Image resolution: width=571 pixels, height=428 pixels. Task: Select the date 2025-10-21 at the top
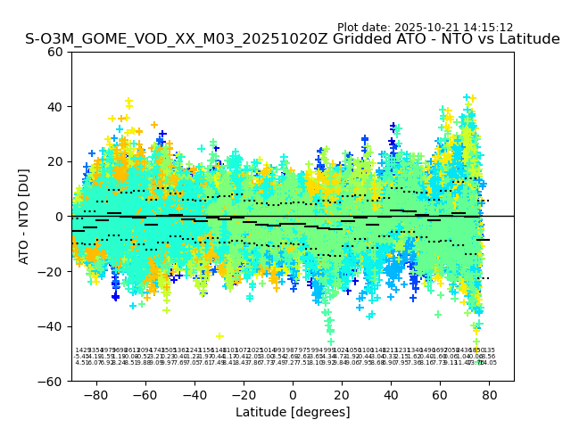click(419, 28)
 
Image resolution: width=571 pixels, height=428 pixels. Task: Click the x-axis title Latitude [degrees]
click(293, 412)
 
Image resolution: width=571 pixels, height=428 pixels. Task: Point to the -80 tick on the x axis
click(96, 394)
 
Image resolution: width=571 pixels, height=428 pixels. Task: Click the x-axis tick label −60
click(145, 394)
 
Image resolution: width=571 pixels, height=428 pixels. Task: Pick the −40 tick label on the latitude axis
click(194, 394)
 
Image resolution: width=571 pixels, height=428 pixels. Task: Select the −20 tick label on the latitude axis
click(244, 394)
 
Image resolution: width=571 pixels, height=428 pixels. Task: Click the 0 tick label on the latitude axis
click(293, 394)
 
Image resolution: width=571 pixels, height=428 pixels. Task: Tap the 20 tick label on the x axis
click(342, 394)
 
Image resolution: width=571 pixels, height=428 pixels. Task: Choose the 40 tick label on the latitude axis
click(391, 394)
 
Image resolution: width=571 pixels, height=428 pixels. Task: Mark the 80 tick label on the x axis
click(489, 394)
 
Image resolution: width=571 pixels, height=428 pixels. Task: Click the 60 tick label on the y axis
click(55, 52)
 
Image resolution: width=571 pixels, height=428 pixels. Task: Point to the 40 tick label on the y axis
click(55, 107)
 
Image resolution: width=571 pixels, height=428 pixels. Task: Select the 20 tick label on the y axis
click(55, 161)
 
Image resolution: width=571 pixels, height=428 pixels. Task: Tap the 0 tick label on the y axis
click(59, 217)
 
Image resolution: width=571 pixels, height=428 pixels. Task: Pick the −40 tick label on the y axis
click(52, 326)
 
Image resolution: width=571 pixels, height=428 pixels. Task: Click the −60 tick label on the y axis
click(52, 381)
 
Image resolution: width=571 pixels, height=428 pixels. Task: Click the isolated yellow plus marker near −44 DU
click(219, 336)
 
